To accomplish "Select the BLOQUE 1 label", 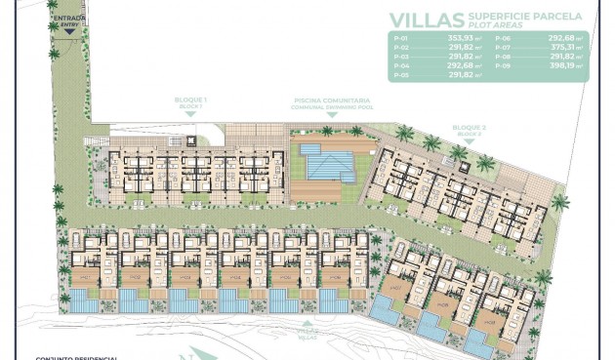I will pyautogui.click(x=190, y=100).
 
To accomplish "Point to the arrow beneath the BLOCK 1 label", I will pyautogui.click(x=190, y=115).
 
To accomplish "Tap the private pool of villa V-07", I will pyautogui.click(x=385, y=312).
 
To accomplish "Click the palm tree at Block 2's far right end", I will pyautogui.click(x=559, y=203).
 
